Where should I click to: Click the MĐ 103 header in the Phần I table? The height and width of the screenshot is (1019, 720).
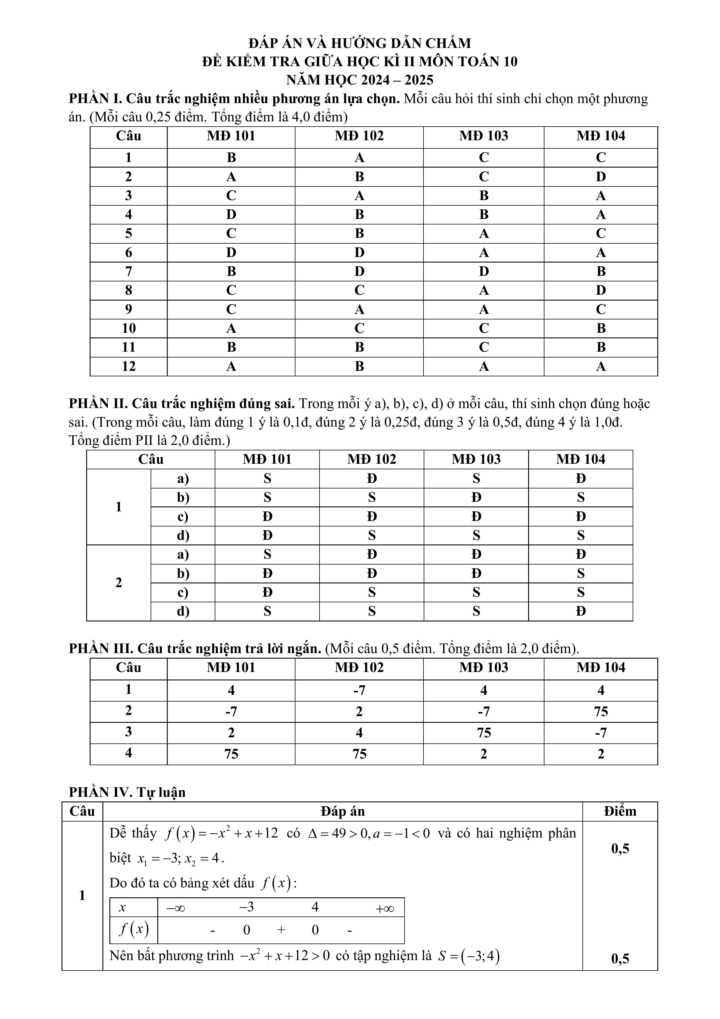pos(483,136)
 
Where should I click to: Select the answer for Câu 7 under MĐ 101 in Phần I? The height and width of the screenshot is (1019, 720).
pos(231,271)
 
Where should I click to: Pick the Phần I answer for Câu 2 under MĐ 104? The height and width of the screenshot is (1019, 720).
pos(601,177)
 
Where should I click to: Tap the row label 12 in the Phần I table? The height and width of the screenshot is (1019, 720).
pos(128,366)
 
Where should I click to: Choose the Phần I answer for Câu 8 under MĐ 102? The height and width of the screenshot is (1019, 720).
pos(359,290)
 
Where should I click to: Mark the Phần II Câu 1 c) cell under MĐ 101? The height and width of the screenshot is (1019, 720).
pos(267,517)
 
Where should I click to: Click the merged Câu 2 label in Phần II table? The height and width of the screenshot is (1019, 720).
pos(118,583)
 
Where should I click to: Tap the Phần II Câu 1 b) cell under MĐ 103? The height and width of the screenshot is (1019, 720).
pos(476,497)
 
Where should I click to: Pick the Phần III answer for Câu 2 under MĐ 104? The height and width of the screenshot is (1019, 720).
pos(601,711)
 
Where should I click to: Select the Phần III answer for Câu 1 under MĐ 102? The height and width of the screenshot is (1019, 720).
pos(359,691)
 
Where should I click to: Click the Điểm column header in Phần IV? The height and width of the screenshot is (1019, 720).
pos(620,811)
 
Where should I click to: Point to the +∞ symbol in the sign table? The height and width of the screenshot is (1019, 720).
pos(385,908)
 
